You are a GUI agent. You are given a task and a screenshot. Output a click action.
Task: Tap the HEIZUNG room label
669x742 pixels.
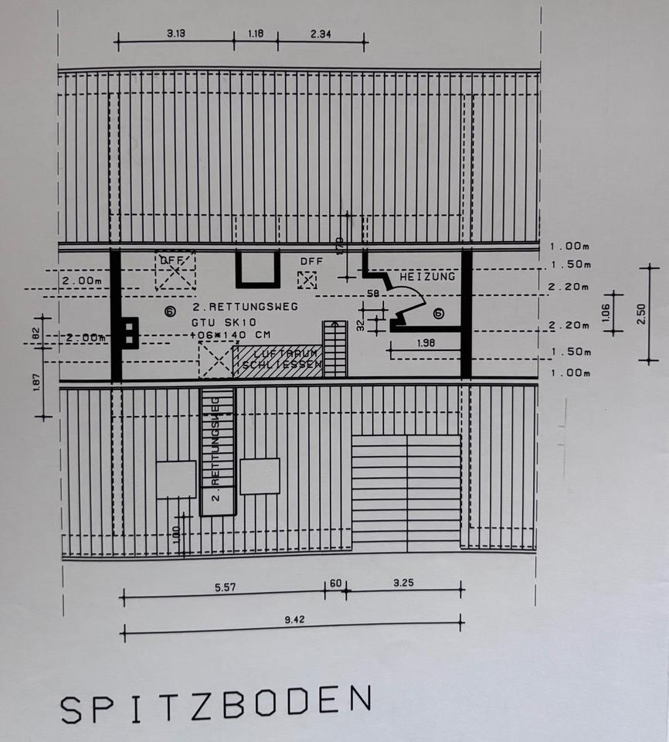pos(427,276)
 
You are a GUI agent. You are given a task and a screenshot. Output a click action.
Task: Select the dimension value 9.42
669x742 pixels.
pos(291,619)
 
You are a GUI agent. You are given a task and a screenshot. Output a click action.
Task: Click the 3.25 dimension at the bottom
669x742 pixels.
pos(402,583)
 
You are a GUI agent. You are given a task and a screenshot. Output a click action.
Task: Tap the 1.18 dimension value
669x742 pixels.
pos(256,34)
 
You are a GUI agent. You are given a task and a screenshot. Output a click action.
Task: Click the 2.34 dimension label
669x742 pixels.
pos(322,34)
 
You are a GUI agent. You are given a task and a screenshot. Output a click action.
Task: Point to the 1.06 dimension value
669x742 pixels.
pos(606,311)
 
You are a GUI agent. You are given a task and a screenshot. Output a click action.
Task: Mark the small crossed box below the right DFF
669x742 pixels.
pos(307,281)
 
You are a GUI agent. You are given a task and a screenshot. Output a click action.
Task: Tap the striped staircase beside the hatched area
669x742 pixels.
pos(334,349)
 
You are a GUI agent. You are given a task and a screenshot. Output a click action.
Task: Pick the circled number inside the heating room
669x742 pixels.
pos(438,313)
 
